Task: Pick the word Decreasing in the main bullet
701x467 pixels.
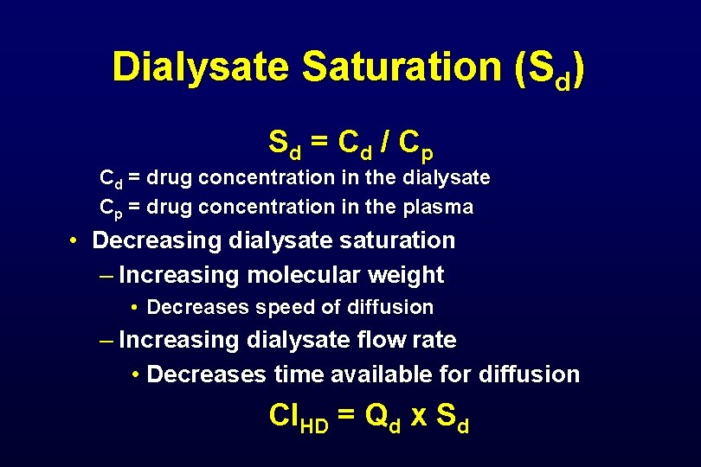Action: (x=153, y=240)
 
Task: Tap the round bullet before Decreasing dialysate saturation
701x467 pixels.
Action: (x=76, y=240)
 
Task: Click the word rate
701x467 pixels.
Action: (x=435, y=340)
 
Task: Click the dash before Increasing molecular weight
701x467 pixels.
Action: (x=106, y=275)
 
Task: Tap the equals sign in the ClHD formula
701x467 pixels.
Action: (x=346, y=416)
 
